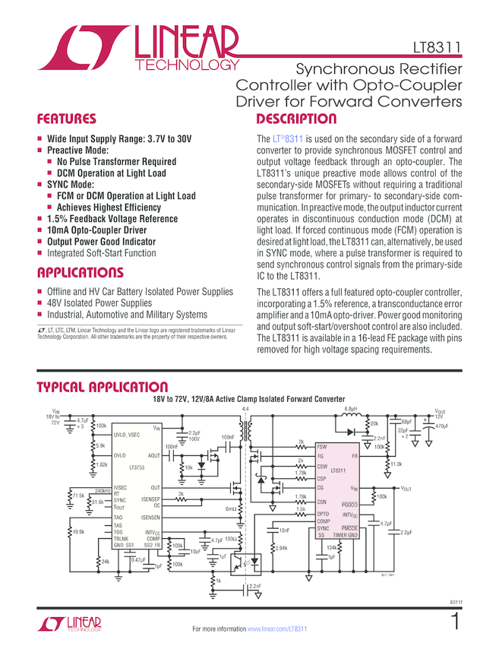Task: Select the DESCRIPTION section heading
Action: point(296,119)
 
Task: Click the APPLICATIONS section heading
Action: point(80,273)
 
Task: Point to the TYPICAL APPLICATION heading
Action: point(103,388)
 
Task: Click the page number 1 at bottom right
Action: point(455,621)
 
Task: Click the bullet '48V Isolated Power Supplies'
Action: point(99,302)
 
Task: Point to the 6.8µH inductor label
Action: point(351,410)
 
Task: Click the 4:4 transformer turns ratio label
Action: point(245,409)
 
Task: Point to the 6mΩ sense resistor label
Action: point(231,508)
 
